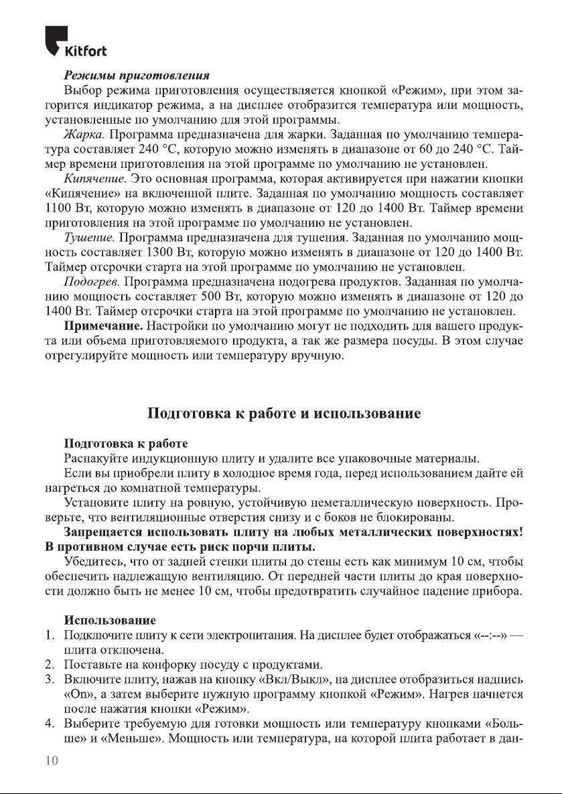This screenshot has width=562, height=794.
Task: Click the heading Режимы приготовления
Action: (x=137, y=76)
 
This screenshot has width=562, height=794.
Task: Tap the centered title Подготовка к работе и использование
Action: (x=284, y=413)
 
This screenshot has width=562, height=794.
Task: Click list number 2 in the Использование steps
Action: (x=50, y=665)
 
